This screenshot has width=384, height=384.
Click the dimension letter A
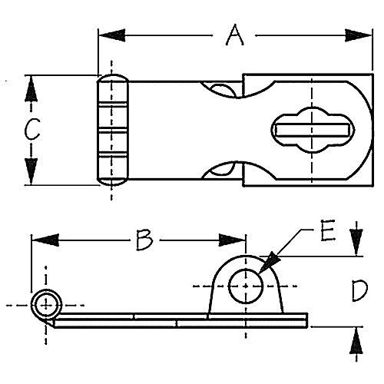(233, 35)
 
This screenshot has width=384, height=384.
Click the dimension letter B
(144, 240)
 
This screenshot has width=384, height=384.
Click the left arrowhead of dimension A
(108, 35)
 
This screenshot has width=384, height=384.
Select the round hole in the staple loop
(246, 285)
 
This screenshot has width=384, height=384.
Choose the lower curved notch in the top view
(223, 169)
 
